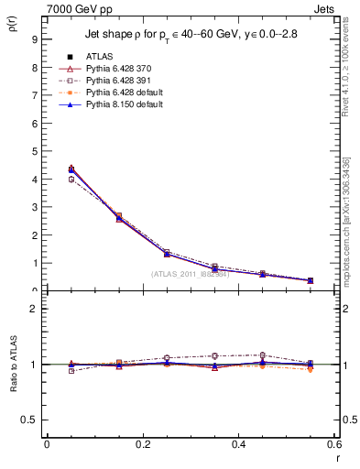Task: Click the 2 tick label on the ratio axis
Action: pyautogui.click(x=33, y=309)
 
